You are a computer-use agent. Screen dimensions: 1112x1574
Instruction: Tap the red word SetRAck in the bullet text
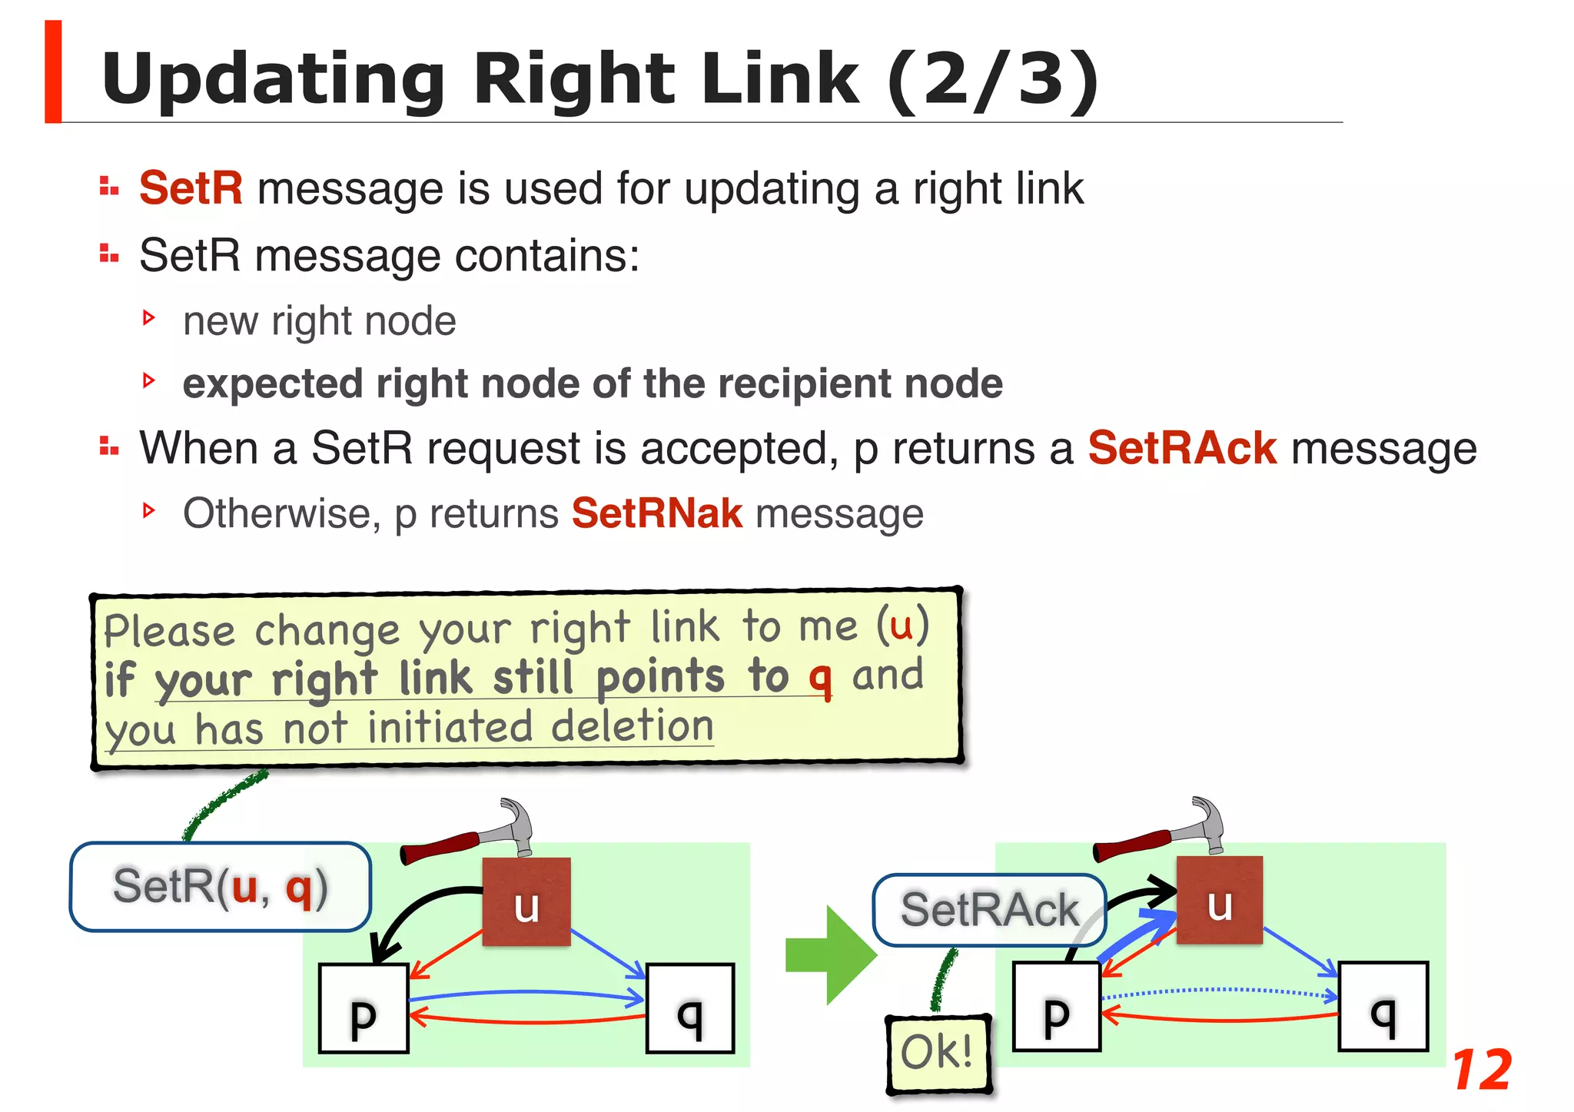(x=1181, y=448)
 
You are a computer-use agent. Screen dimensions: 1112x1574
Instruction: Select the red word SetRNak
(x=657, y=513)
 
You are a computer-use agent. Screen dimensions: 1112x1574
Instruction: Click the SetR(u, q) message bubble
(x=220, y=887)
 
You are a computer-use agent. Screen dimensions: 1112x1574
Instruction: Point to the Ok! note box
(x=938, y=1053)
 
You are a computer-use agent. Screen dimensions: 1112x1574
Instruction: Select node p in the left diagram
(x=364, y=1008)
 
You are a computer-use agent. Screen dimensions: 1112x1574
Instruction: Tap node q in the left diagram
(x=689, y=1008)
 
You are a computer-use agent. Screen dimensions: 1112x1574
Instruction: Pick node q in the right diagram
(x=1383, y=1007)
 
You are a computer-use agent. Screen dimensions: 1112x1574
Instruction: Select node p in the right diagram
(x=1057, y=1007)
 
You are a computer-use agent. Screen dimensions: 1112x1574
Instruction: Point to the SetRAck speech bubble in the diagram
(x=989, y=910)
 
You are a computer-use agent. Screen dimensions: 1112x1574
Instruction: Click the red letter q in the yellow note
(x=820, y=678)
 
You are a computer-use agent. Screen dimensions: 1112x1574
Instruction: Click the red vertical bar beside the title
(x=53, y=71)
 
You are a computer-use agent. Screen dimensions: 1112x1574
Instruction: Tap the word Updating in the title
(x=273, y=79)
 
